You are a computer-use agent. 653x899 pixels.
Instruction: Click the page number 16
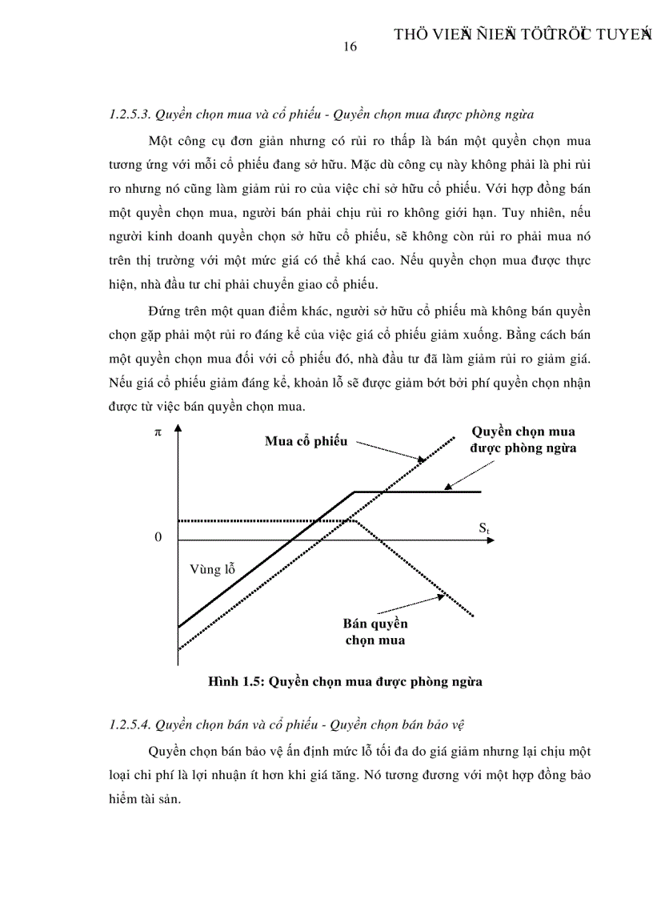[349, 46]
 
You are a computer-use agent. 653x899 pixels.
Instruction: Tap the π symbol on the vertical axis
[158, 432]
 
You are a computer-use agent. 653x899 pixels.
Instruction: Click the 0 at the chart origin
[158, 537]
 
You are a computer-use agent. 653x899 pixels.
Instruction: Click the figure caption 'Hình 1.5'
[236, 682]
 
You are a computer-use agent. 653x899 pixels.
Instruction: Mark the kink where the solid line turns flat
[355, 492]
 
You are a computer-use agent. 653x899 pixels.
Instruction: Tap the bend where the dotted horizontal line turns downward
[355, 520]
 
